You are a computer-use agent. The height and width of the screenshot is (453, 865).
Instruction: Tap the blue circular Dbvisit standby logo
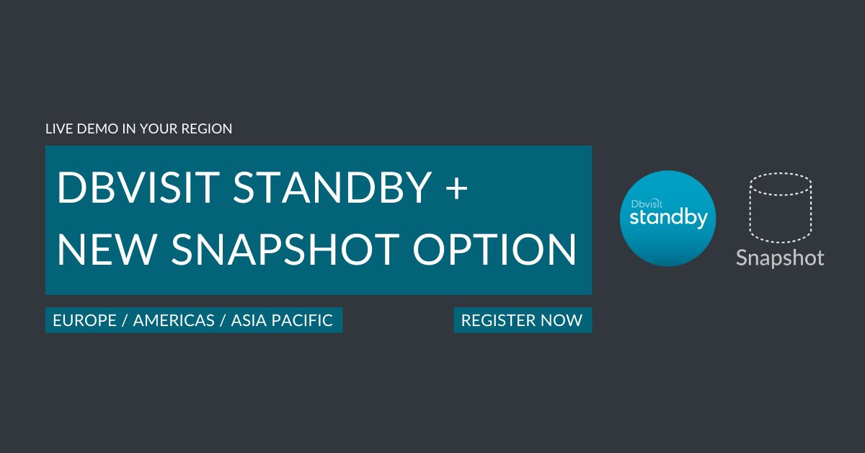[667, 218]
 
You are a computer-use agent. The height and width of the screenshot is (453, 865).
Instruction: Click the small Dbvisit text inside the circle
[647, 204]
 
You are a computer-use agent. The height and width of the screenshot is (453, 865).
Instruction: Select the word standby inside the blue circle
[668, 218]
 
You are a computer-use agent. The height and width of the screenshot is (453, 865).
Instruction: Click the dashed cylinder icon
[781, 208]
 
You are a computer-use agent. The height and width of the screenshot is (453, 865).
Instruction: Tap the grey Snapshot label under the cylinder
[780, 258]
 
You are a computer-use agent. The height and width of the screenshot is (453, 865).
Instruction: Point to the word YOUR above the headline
[150, 130]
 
